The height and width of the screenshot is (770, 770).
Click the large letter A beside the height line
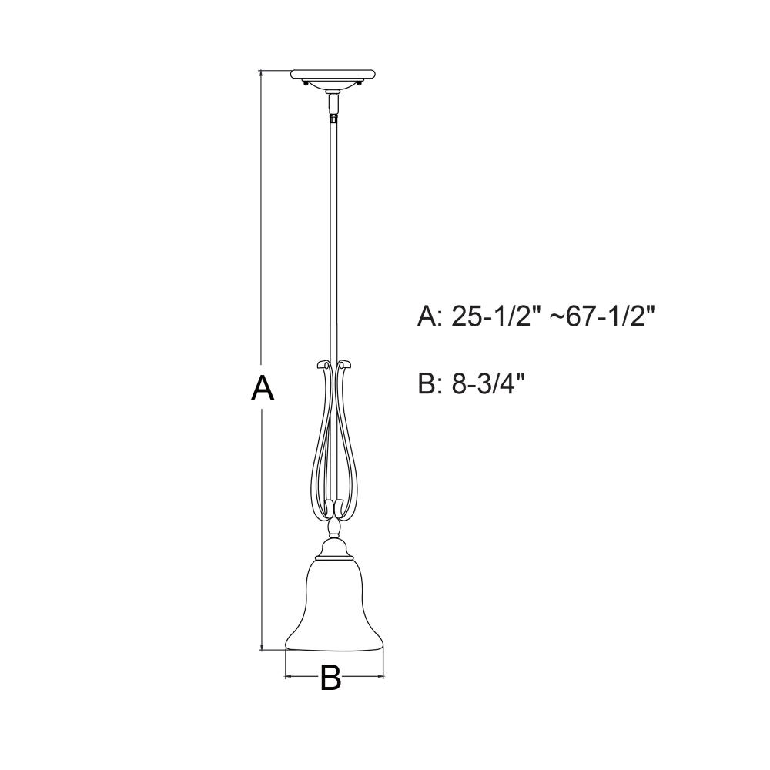point(262,387)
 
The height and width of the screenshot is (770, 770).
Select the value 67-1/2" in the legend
point(611,318)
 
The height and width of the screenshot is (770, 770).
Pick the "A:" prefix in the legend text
point(430,318)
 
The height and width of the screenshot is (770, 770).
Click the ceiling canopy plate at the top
point(333,75)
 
